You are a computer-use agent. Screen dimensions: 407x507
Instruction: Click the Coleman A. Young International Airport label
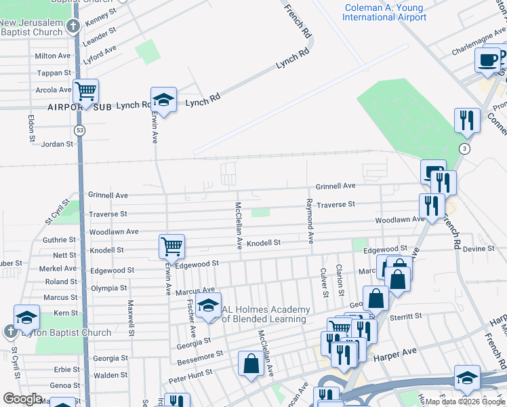384,13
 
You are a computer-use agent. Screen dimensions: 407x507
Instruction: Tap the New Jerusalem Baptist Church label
31,27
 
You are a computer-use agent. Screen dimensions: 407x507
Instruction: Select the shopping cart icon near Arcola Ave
86,91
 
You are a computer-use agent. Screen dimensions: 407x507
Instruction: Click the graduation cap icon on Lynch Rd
163,100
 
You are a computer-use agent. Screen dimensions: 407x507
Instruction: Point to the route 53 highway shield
81,130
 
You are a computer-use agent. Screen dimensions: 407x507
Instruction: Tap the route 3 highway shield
464,148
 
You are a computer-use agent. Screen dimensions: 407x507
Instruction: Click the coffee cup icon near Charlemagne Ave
487,60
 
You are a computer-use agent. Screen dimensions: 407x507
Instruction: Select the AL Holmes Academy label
266,314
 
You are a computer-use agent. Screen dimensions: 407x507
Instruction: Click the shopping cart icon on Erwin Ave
172,246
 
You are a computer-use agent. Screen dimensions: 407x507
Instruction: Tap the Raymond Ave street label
310,222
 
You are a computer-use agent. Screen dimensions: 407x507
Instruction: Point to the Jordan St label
57,144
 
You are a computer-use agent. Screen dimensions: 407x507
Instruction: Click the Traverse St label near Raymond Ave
336,204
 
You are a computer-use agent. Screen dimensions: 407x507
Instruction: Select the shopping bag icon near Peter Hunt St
251,363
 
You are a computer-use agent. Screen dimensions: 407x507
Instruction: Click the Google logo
22,399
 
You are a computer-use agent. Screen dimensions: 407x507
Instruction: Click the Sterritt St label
405,316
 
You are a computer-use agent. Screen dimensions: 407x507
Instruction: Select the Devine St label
479,249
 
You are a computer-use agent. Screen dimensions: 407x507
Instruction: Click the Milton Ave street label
53,56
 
